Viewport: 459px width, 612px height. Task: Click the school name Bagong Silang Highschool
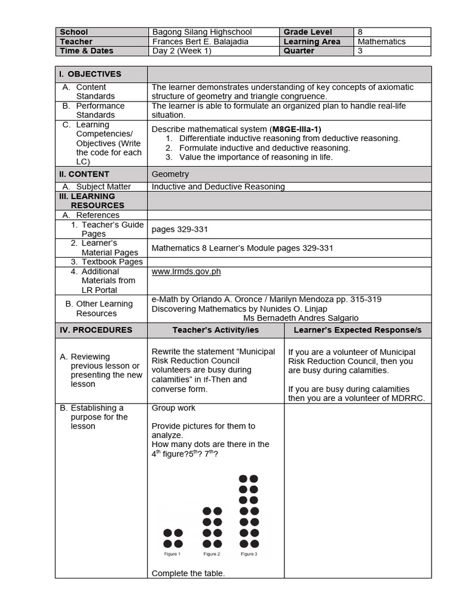[202, 32]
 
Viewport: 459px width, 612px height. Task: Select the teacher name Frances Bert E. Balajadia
[200, 42]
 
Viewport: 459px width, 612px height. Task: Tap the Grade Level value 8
[360, 32]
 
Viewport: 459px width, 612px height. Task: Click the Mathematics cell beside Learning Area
[381, 42]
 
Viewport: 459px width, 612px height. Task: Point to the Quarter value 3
[360, 51]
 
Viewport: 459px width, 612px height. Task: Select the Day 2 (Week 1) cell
[182, 51]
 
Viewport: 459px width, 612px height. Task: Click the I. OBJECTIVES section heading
[90, 74]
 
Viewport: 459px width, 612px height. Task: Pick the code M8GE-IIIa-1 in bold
[296, 129]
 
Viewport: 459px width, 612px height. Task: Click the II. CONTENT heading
[84, 175]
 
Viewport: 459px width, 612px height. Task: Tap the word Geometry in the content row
[170, 175]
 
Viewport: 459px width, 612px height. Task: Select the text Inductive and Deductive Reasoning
[218, 186]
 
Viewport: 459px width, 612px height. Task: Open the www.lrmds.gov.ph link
[186, 271]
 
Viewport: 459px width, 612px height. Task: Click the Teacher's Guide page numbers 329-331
[180, 229]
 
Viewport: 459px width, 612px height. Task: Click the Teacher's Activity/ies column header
[216, 330]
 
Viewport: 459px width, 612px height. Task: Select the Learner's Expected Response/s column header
[357, 330]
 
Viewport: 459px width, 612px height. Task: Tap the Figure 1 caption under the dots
[172, 554]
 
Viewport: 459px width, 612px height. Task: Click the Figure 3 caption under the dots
[249, 554]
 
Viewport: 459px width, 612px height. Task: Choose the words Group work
[173, 408]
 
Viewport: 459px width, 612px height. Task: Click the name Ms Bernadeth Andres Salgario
[301, 318]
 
